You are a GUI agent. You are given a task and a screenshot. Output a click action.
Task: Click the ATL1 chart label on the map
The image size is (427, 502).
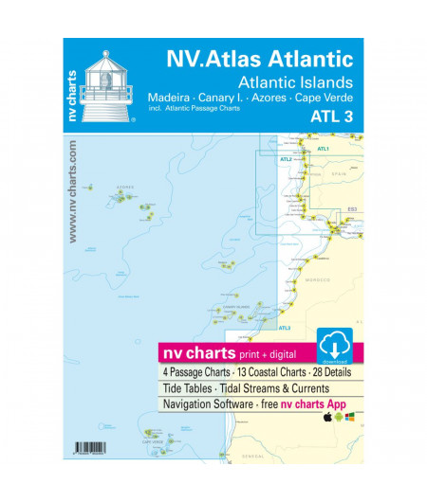point(323,149)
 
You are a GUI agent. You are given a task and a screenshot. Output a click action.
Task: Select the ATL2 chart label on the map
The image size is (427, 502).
point(286,159)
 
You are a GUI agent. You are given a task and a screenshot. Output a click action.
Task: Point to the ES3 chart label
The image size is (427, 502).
point(351,206)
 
